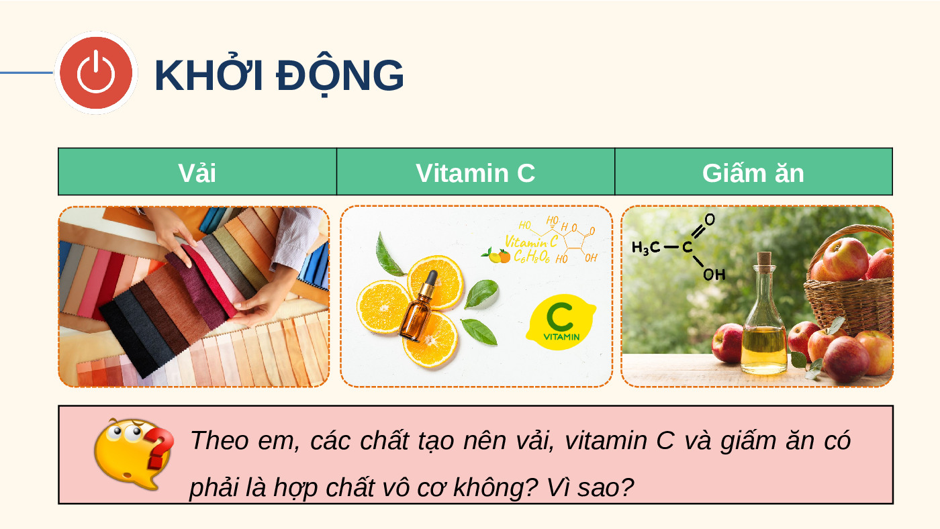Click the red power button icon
95,73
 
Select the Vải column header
197,172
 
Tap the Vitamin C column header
475,172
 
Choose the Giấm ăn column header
753,172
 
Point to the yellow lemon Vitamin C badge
561,322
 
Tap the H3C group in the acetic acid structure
645,248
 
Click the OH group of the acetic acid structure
714,275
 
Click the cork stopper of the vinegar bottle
764,260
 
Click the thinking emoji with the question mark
134,454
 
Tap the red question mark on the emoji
160,448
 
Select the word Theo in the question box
220,440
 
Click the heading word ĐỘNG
340,75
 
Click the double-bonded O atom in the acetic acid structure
710,219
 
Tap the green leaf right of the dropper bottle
482,293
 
